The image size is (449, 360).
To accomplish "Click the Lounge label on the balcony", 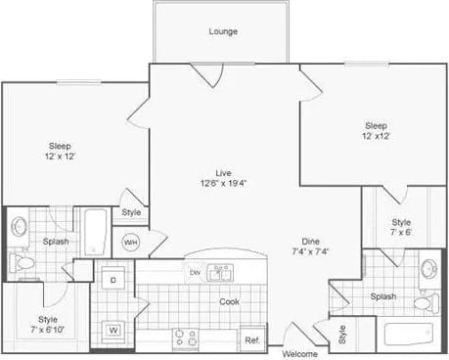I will point(223,31).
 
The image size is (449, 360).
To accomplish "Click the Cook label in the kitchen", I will point(229,301).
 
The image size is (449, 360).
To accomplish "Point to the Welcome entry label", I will point(299,353).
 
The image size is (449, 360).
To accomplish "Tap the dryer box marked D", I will point(113,280).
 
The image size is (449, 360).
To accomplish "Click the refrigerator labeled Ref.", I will point(252,338).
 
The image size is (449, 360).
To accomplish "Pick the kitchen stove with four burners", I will point(186,338).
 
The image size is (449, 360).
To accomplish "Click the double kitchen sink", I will point(222,273).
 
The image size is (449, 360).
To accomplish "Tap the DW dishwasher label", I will point(196,272).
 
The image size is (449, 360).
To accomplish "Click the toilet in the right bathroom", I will point(423,303).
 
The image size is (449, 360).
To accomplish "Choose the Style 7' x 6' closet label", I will point(402,227).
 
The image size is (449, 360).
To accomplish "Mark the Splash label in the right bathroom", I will point(383,296).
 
